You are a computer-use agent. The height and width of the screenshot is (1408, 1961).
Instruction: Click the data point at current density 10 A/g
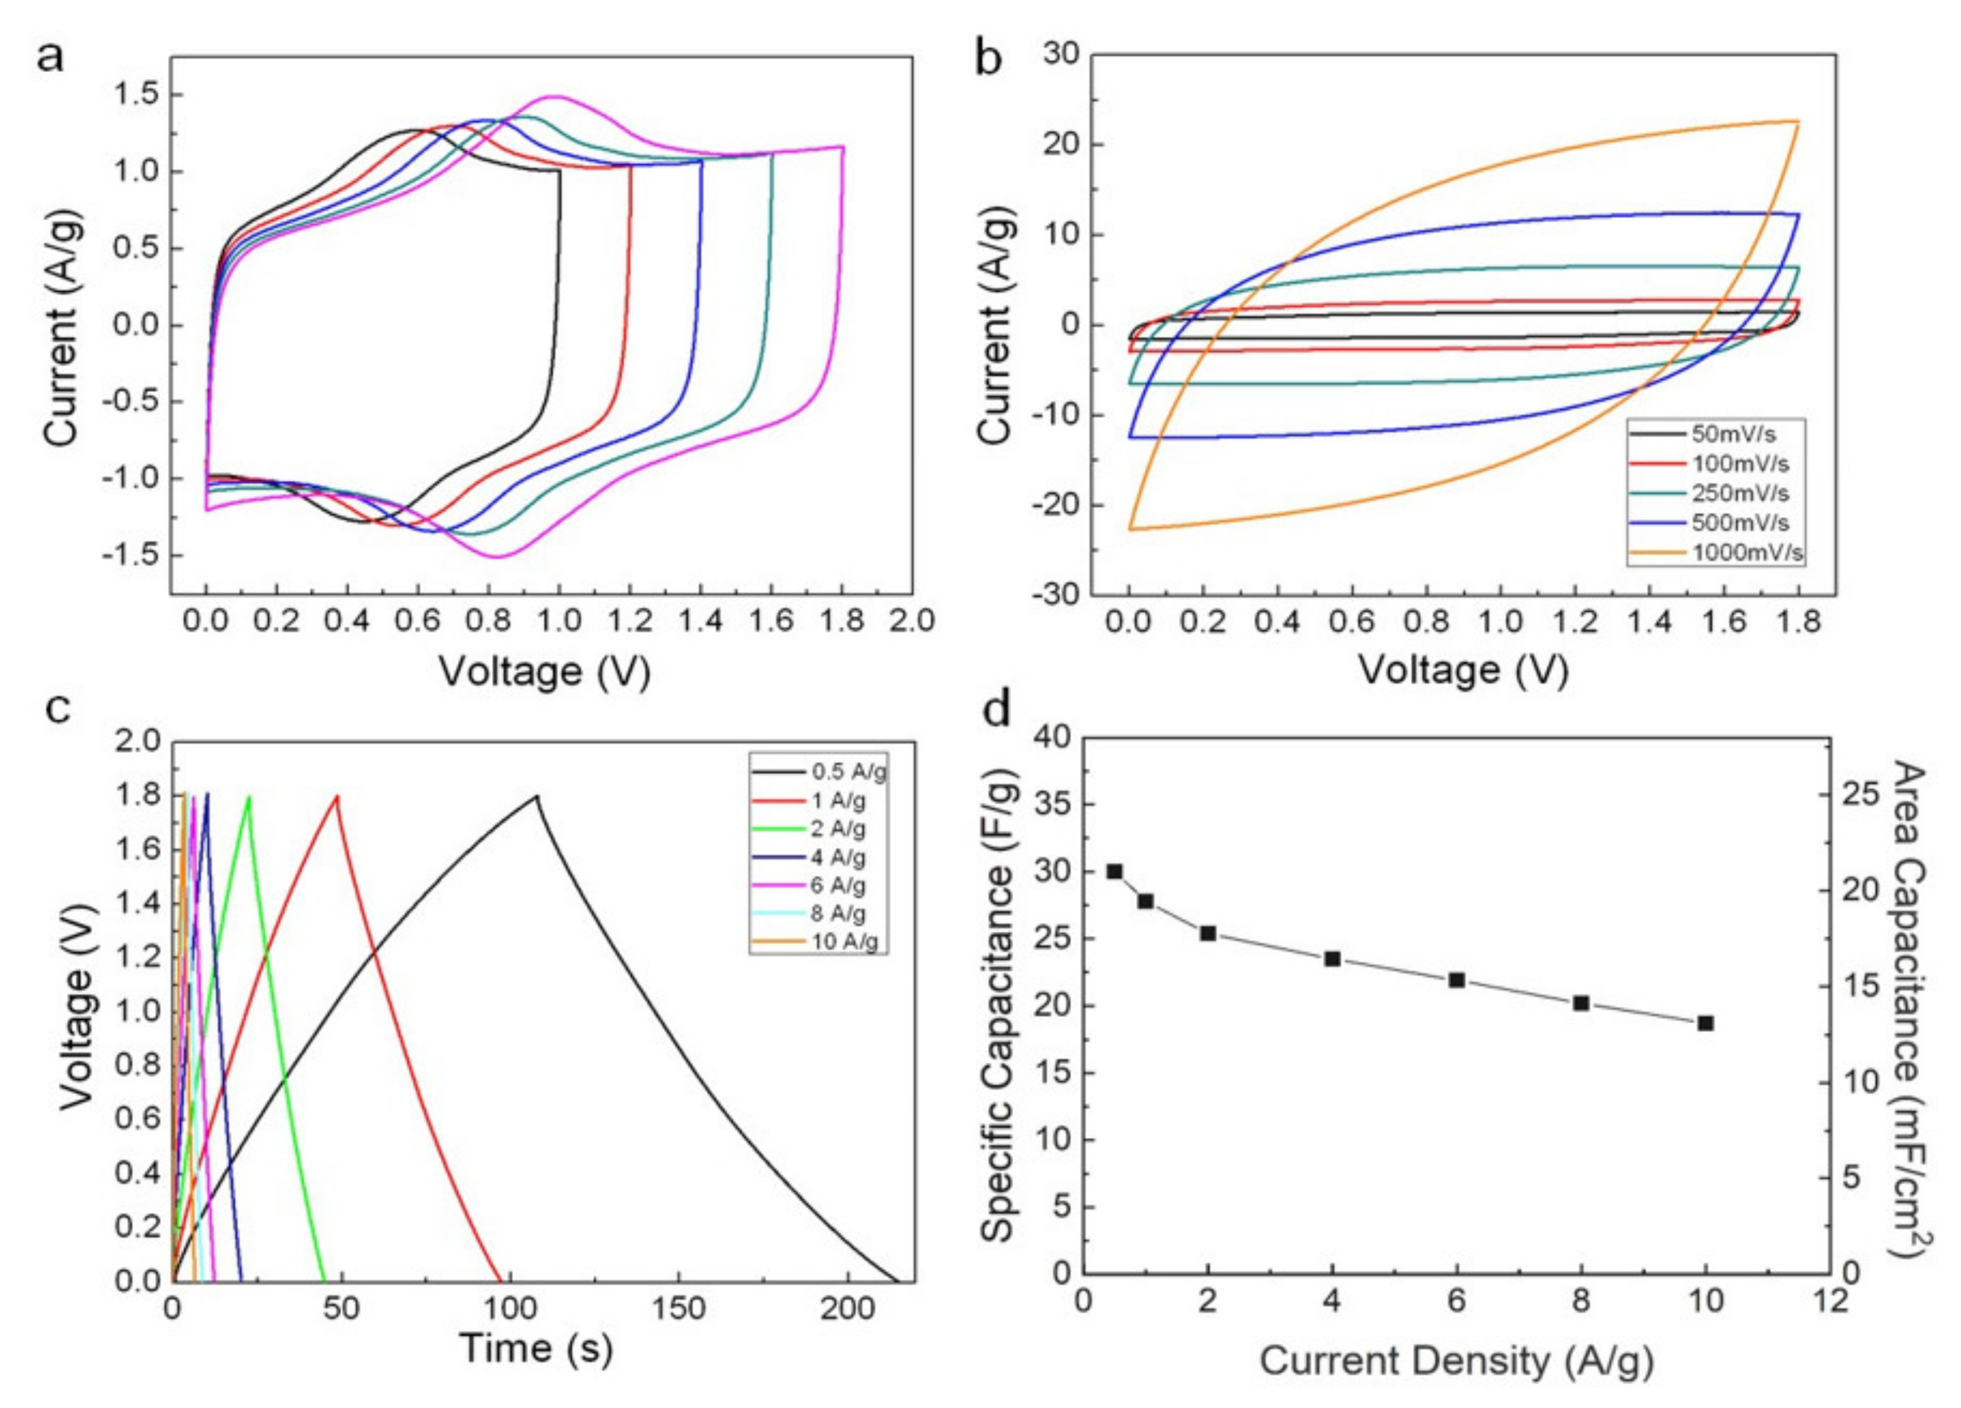click(1705, 1023)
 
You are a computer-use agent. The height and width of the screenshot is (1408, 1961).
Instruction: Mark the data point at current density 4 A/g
click(1332, 959)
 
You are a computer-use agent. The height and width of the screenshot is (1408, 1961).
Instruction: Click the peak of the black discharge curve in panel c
click(537, 796)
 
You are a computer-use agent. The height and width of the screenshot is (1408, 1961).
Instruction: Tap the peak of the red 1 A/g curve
click(337, 796)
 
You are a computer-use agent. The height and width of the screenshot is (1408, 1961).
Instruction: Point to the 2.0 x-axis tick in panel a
click(913, 622)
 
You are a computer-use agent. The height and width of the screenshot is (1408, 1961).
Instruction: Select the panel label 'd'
click(997, 709)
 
